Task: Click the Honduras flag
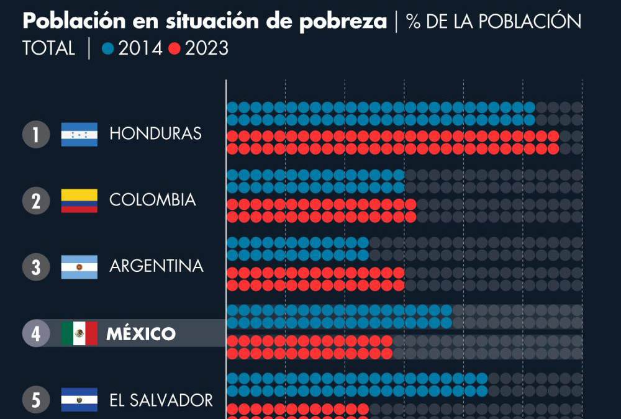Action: [79, 135]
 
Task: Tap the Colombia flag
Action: [79, 200]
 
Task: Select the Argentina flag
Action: [79, 267]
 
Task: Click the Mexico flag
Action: [79, 334]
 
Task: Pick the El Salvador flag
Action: [79, 400]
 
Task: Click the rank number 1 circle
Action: [36, 135]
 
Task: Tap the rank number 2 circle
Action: [36, 201]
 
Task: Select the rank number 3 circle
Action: [36, 268]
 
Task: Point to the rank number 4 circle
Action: [36, 334]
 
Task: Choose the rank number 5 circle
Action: [36, 400]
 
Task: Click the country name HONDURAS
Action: [155, 133]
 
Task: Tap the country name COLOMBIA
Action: [152, 200]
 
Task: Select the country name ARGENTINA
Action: [156, 266]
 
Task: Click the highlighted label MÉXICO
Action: [141, 334]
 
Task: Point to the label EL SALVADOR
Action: [161, 400]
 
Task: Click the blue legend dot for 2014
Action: [108, 49]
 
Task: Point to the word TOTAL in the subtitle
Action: [48, 48]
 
